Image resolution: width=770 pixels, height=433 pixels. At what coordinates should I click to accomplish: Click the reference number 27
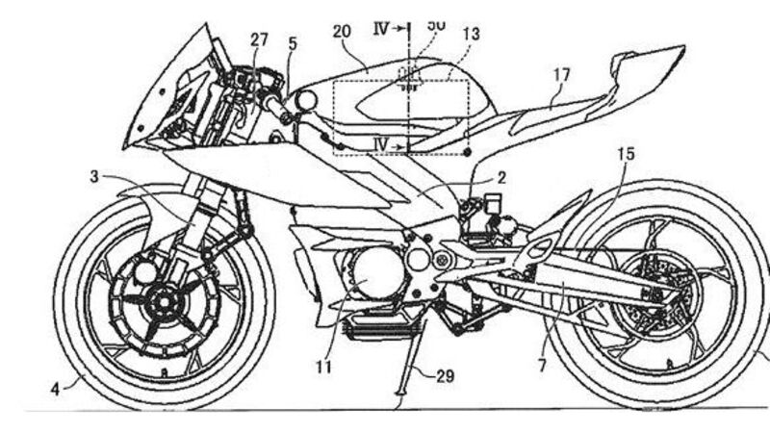point(259,39)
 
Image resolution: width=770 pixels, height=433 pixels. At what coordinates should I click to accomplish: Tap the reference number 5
point(293,42)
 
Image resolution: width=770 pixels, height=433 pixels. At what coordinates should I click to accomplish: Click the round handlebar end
point(307,99)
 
